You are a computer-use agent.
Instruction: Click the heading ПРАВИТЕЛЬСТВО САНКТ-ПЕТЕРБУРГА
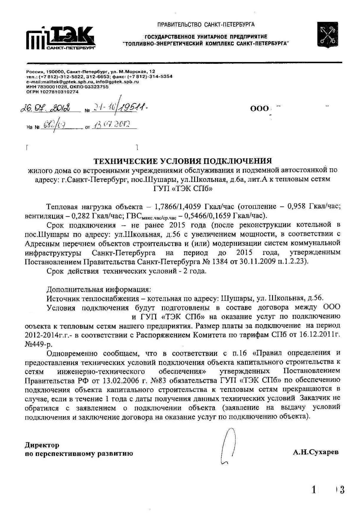click(206, 25)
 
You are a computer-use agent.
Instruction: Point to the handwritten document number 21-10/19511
click(120, 108)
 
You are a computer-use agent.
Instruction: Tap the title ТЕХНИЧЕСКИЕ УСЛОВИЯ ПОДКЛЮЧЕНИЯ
click(183, 161)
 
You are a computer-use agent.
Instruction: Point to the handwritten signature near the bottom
click(229, 447)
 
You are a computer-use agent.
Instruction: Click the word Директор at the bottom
click(42, 445)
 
